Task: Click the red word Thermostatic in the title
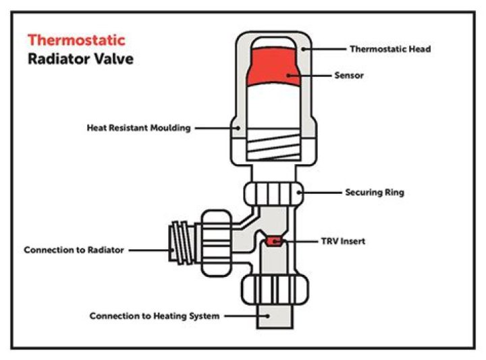[x=76, y=41]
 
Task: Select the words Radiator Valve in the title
[x=80, y=59]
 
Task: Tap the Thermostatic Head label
[x=389, y=49]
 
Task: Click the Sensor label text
[x=349, y=76]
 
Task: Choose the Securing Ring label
[x=374, y=192]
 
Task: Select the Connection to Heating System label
[x=154, y=316]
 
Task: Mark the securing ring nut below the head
[x=273, y=194]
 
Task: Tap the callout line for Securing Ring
[x=321, y=192]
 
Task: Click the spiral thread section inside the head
[x=273, y=145]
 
